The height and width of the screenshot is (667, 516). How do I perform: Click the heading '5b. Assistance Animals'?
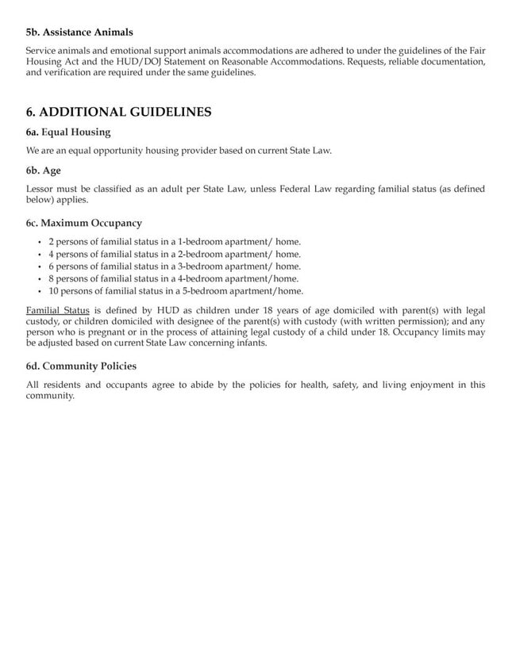click(79, 32)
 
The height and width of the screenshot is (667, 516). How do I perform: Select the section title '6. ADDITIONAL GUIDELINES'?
click(118, 112)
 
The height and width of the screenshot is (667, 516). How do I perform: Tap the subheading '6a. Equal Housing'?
click(68, 132)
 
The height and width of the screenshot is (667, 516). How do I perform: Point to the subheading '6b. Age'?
click(44, 170)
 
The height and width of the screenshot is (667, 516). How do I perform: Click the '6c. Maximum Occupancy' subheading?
click(84, 223)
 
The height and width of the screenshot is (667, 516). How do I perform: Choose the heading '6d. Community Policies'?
click(81, 366)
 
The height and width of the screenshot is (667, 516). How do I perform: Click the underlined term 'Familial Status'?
click(58, 309)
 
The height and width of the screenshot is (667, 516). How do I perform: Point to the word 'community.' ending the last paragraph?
click(50, 396)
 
